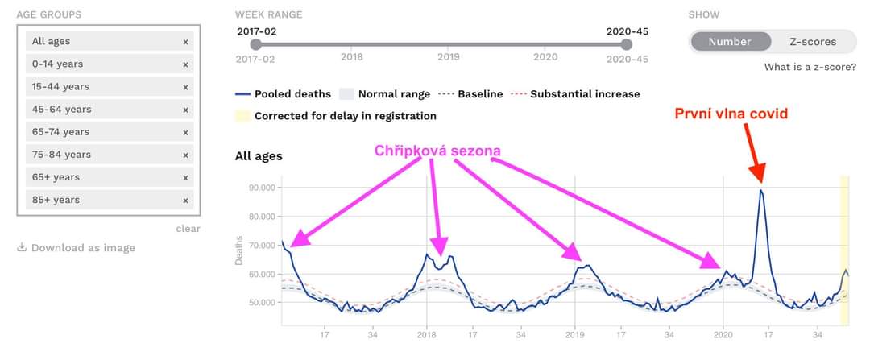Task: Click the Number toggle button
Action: tap(729, 42)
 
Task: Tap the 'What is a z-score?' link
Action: tap(810, 67)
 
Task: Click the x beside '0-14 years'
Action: tap(185, 64)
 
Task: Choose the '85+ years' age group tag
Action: tap(56, 200)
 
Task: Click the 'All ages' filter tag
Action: tap(51, 41)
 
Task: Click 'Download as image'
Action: tap(82, 248)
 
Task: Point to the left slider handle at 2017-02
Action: tap(255, 45)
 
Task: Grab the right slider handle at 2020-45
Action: tap(627, 45)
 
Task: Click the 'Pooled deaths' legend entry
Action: tap(290, 94)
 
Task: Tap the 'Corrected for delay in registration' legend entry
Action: tap(345, 116)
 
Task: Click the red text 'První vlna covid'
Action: tap(731, 114)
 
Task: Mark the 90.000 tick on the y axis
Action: tap(263, 188)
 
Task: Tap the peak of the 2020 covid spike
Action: tap(760, 190)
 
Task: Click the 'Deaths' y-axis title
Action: tap(238, 251)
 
